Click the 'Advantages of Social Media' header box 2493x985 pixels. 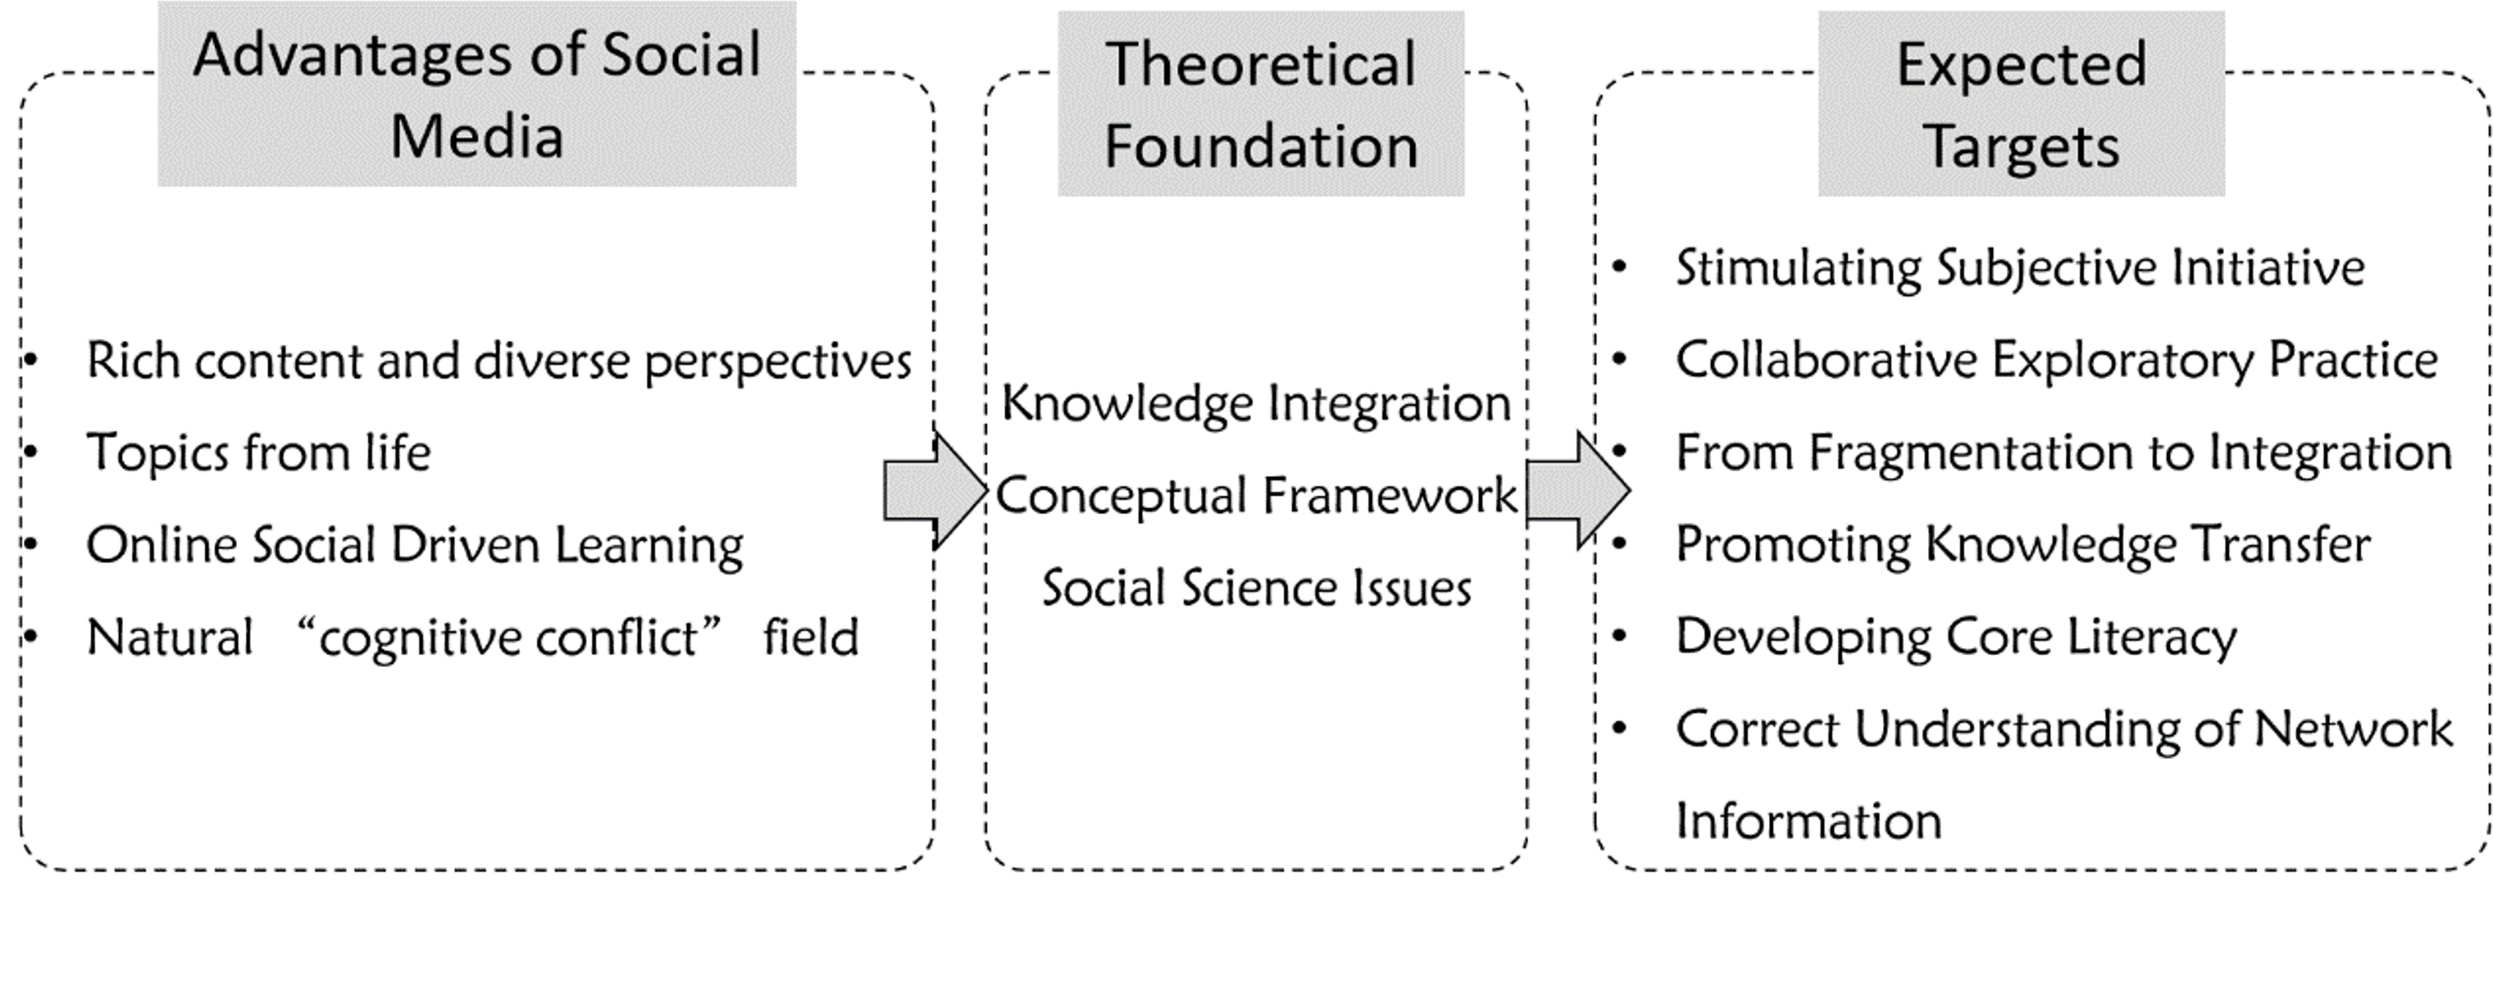coord(477,94)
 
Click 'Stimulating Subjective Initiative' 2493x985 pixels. coord(2020,268)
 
